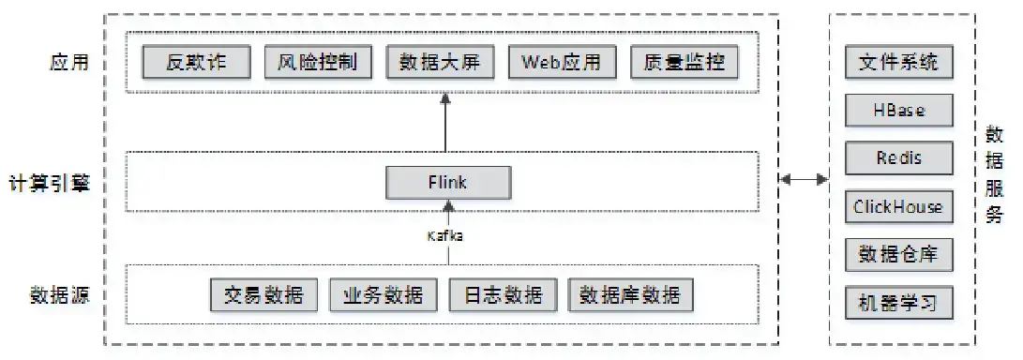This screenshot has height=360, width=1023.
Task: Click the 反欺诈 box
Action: pos(197,63)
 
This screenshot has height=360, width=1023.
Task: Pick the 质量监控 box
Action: pos(685,63)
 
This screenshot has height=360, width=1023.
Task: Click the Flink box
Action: pos(449,182)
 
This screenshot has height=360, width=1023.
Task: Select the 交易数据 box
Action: pos(263,295)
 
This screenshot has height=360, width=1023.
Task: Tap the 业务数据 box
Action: pos(383,295)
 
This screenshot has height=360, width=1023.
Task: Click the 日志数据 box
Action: pos(503,295)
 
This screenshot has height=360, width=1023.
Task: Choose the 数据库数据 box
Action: pos(629,295)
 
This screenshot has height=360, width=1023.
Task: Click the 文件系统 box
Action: pos(898,63)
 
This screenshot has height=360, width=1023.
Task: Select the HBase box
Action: pos(898,111)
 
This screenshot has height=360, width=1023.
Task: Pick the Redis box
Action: pos(898,158)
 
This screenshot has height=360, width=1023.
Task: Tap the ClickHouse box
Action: pos(898,206)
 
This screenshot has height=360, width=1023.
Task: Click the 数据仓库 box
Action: pos(898,254)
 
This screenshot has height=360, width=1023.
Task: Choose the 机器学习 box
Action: pos(898,303)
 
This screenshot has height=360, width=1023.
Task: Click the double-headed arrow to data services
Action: pos(805,177)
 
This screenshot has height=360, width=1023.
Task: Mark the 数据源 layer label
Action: pos(58,296)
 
